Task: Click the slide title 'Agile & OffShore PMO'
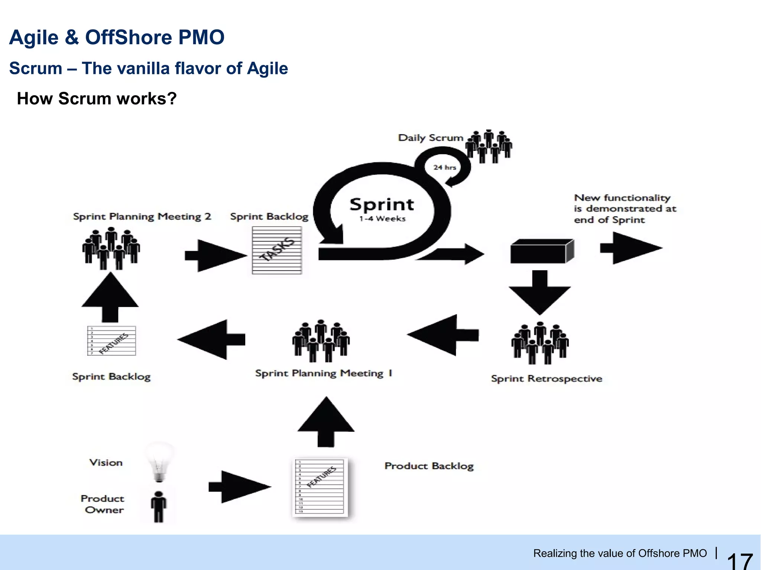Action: tap(117, 38)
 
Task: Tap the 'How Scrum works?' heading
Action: tap(97, 99)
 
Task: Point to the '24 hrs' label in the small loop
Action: tap(444, 167)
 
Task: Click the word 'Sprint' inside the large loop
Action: tap(382, 205)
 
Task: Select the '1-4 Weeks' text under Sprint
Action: tap(382, 219)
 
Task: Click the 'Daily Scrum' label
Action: tap(431, 138)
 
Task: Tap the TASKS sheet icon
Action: tap(277, 250)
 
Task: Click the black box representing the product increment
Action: tap(542, 251)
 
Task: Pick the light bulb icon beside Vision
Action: tap(160, 463)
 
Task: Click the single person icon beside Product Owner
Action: tap(159, 506)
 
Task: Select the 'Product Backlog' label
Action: tap(429, 466)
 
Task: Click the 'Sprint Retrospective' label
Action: tap(547, 379)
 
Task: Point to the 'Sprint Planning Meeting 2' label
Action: tap(142, 217)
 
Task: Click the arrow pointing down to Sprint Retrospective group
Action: tap(540, 292)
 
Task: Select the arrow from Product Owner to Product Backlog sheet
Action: tap(240, 487)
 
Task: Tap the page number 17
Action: tap(740, 560)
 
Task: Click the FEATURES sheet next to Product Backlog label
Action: tap(320, 488)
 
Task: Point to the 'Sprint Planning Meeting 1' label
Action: tap(324, 373)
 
